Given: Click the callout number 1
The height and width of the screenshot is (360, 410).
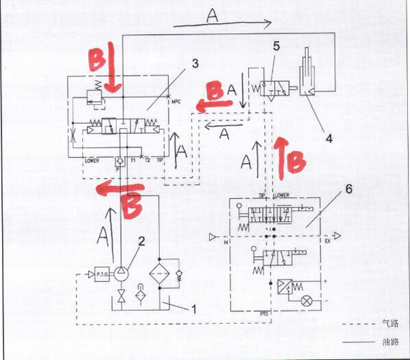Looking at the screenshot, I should pos(195,309).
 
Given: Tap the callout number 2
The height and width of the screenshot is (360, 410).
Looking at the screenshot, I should pos(141,240).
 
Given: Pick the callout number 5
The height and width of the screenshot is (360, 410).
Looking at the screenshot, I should pos(276,46).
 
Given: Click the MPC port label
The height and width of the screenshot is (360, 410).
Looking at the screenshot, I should pos(176,102).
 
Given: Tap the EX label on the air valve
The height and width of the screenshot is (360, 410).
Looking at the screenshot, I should pos(327,242).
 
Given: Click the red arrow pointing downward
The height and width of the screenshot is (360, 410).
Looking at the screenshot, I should pos(113,72).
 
